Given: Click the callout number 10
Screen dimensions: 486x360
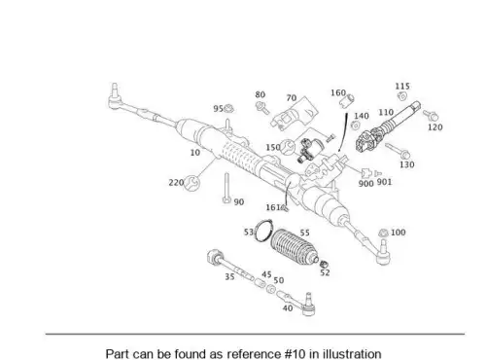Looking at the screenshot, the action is [x=195, y=153].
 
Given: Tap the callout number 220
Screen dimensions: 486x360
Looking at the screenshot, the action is [x=176, y=183].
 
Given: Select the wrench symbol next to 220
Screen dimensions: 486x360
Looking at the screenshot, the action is [x=191, y=183].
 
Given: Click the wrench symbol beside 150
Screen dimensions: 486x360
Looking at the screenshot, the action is [x=288, y=147].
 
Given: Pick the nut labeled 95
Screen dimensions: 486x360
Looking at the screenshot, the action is [x=228, y=109].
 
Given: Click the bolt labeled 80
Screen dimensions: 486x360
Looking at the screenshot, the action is [x=262, y=108].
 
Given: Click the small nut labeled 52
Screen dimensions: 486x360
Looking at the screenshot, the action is [x=324, y=264].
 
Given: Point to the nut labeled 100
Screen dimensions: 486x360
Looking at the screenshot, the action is [x=383, y=233].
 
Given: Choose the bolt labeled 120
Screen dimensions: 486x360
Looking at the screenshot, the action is [x=431, y=115].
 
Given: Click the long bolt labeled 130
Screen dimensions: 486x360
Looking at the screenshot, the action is [x=398, y=151].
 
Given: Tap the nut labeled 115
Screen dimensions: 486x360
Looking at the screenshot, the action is [x=402, y=96].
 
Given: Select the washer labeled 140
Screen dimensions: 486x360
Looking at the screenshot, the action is [x=356, y=126].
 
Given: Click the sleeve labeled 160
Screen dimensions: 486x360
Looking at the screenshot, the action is [x=347, y=100].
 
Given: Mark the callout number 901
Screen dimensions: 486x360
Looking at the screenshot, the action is [x=384, y=182].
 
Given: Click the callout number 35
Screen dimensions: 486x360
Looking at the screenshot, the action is [x=229, y=277].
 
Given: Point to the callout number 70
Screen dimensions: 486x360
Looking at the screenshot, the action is [x=292, y=98].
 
